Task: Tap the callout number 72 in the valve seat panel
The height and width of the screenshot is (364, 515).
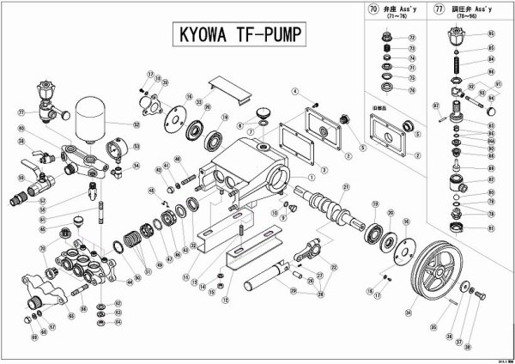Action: (410, 38)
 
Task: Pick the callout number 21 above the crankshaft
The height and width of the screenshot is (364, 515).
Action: (346, 186)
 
